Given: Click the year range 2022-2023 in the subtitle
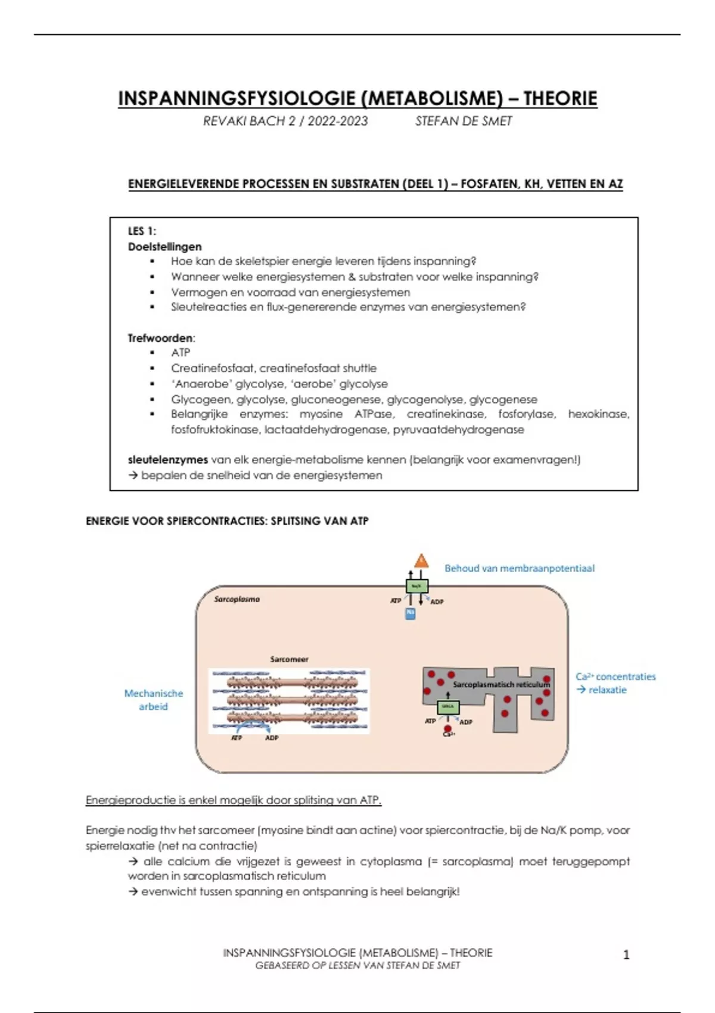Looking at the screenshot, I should coord(338,121).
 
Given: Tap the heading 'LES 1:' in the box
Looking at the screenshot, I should coord(142,231).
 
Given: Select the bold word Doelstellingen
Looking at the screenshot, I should coord(164,247).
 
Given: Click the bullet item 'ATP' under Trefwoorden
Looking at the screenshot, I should coord(181,353).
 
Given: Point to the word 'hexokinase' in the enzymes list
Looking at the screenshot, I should coord(598,414).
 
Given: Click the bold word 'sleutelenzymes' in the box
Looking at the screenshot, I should coord(167,460).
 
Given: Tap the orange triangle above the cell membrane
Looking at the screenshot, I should coord(421,560).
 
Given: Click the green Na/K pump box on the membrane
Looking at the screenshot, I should coord(416,586).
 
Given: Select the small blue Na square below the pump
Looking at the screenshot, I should coord(411,613).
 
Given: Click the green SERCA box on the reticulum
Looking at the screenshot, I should coord(448,707).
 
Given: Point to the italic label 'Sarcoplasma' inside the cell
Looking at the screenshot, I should coord(237,599).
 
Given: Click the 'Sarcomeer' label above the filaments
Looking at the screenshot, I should coord(289,659).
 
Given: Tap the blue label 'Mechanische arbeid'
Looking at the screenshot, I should coord(153,700).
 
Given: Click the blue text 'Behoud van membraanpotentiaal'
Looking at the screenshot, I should coord(519,568).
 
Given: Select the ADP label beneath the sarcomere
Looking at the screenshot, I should coord(272,738).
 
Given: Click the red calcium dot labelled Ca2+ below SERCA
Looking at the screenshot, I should coord(447,728).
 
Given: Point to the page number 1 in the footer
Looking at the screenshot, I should coord(626,955).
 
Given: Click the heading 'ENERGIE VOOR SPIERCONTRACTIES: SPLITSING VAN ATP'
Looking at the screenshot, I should coord(227,521).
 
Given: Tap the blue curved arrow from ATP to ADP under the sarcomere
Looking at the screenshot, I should coord(253,726).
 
